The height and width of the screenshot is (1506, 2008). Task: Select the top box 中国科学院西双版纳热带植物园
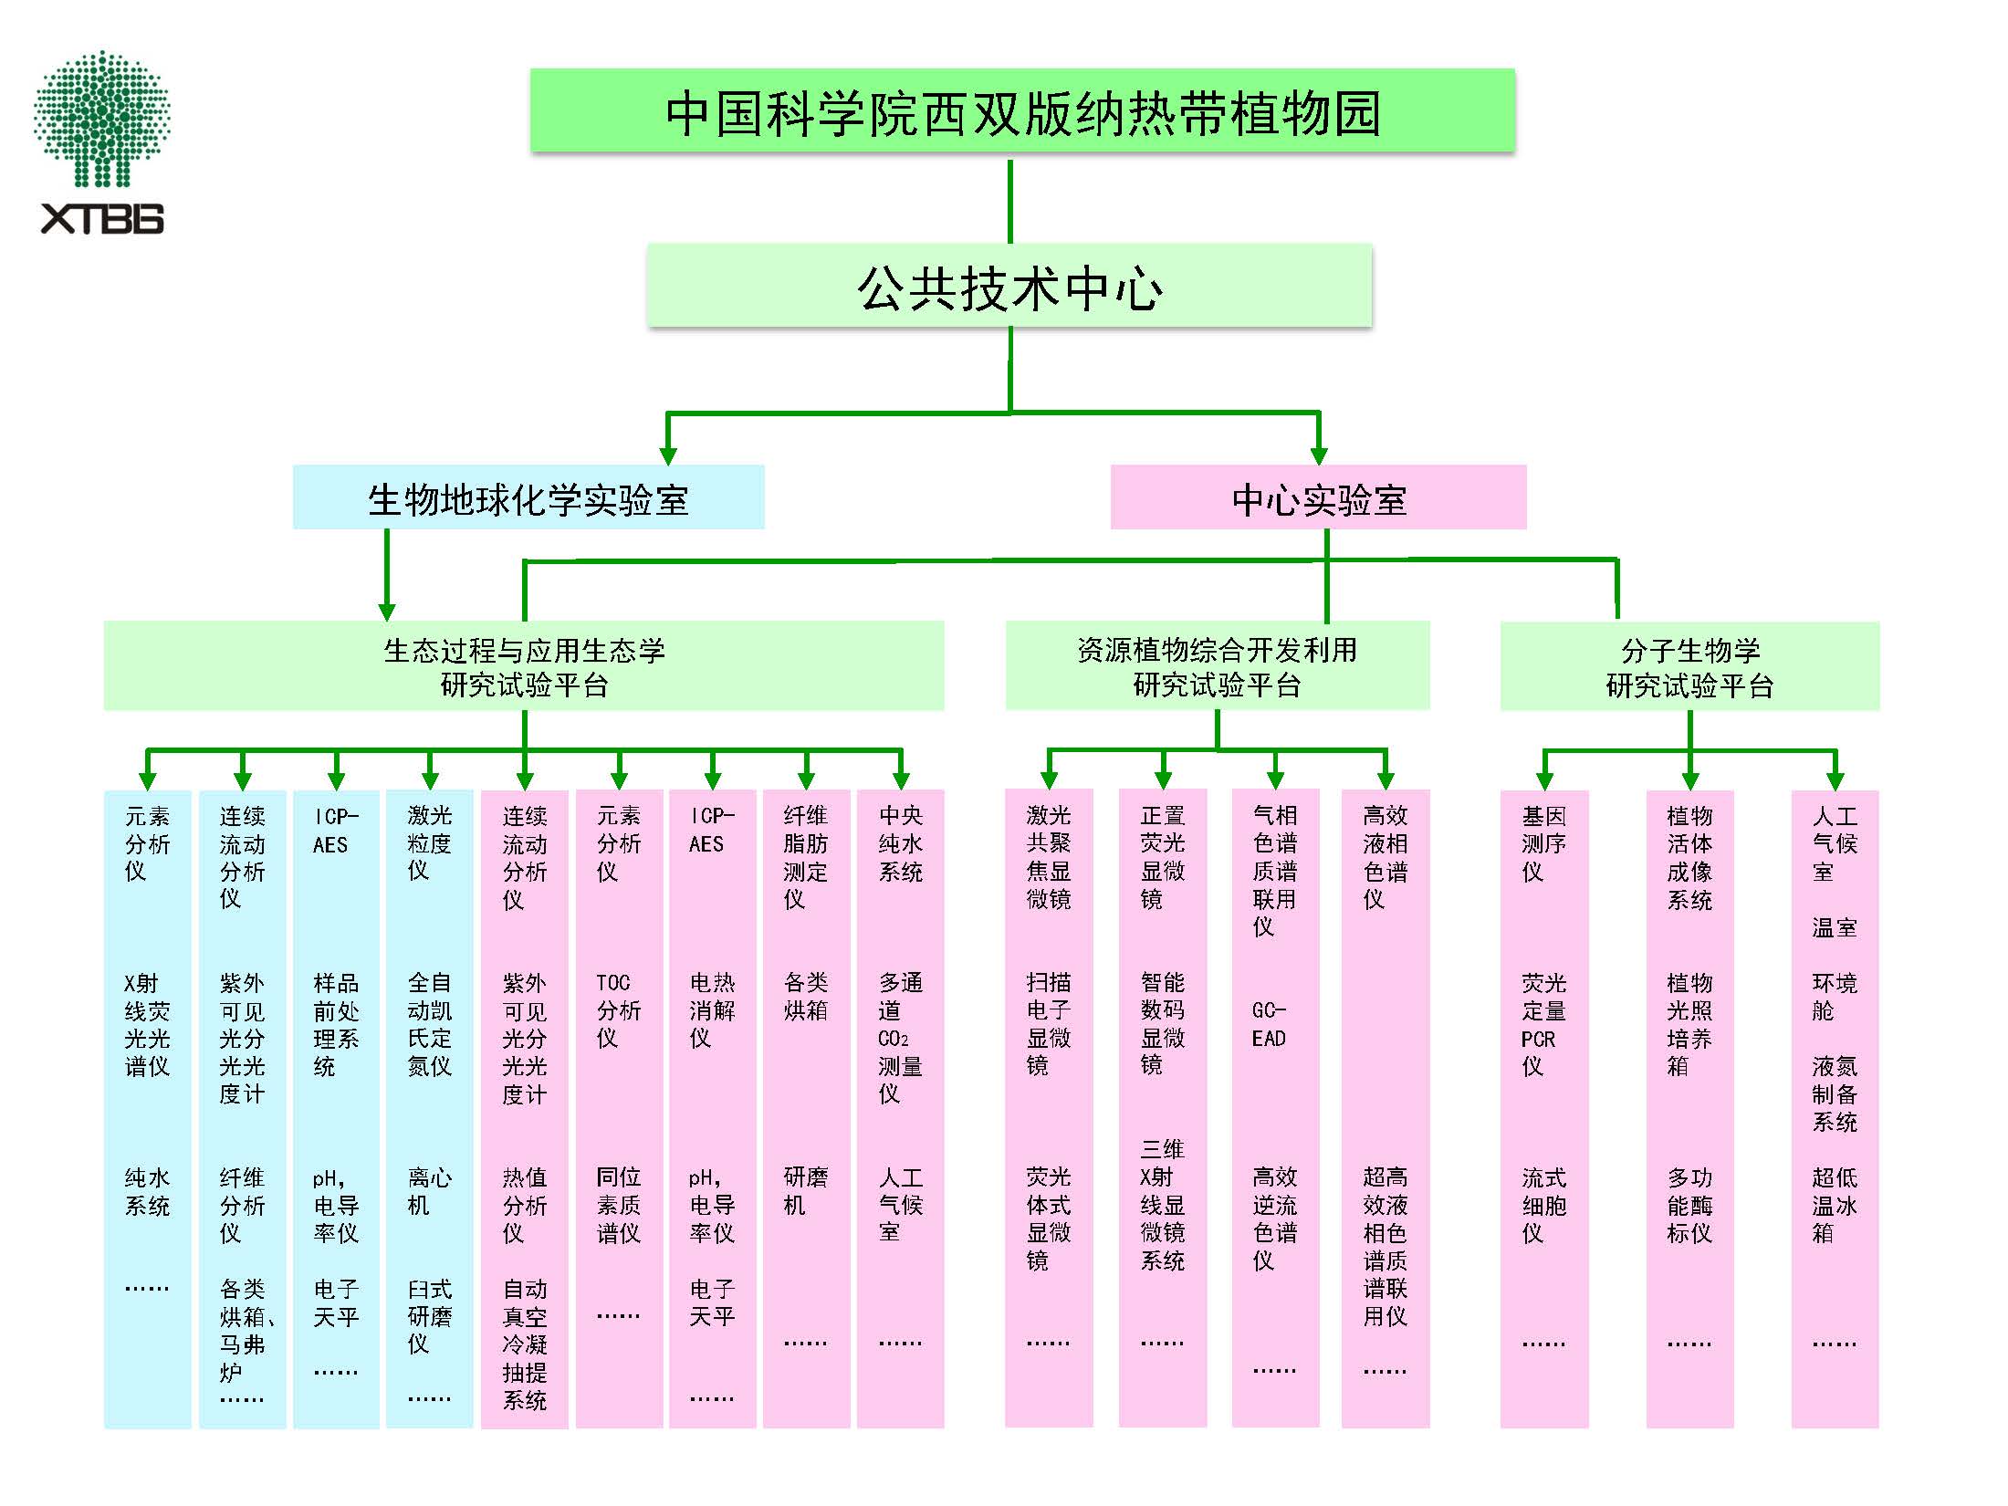pyautogui.click(x=1022, y=111)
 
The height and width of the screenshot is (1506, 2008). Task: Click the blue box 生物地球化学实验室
pyautogui.click(x=528, y=498)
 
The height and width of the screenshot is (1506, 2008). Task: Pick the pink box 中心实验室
pyautogui.click(x=1318, y=498)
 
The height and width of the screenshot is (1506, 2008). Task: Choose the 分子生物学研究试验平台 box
pyautogui.click(x=1689, y=667)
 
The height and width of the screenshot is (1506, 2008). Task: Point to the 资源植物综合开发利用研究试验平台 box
pyautogui.click(x=1217, y=667)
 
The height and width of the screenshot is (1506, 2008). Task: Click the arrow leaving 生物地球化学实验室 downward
pyautogui.click(x=387, y=575)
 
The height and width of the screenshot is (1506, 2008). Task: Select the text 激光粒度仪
pyautogui.click(x=429, y=842)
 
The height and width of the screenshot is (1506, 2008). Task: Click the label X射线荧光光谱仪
pyautogui.click(x=147, y=1024)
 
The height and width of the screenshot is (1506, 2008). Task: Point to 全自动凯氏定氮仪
pyautogui.click(x=429, y=1024)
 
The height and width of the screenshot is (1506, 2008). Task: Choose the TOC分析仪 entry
pyautogui.click(x=618, y=1010)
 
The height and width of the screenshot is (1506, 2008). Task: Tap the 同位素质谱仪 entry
pyautogui.click(x=618, y=1205)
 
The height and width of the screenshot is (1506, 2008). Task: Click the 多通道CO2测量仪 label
pyautogui.click(x=900, y=1038)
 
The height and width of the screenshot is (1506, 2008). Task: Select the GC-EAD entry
pyautogui.click(x=1270, y=1024)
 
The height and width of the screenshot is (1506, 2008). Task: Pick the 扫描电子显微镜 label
pyautogui.click(x=1048, y=1024)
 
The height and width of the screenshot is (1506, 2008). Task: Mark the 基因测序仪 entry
pyautogui.click(x=1543, y=843)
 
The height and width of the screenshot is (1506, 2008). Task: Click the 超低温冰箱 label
pyautogui.click(x=1835, y=1205)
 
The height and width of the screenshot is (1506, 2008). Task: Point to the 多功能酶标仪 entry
pyautogui.click(x=1689, y=1205)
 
